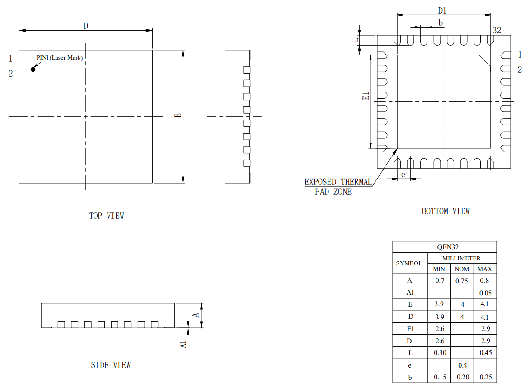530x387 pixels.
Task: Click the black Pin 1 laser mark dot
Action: click(33, 69)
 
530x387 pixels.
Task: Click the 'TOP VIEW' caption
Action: click(107, 216)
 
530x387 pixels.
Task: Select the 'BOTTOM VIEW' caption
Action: click(446, 211)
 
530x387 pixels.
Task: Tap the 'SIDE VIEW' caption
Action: click(111, 365)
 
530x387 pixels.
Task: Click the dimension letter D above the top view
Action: click(85, 26)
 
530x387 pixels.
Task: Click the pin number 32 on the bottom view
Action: click(497, 30)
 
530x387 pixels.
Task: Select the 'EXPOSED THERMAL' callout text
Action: click(338, 182)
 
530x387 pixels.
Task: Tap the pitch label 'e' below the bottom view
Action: click(403, 174)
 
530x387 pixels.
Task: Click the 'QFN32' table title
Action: click(444, 247)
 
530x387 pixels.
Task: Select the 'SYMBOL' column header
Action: click(409, 263)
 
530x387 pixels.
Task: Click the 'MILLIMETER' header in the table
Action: click(461, 258)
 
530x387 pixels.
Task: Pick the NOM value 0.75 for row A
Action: click(461, 281)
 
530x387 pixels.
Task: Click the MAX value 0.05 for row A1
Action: click(485, 293)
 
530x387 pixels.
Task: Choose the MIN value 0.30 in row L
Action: click(439, 353)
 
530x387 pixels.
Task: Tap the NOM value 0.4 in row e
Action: click(462, 365)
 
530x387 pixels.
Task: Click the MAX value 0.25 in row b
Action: click(485, 377)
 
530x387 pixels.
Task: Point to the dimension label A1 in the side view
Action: click(183, 345)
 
